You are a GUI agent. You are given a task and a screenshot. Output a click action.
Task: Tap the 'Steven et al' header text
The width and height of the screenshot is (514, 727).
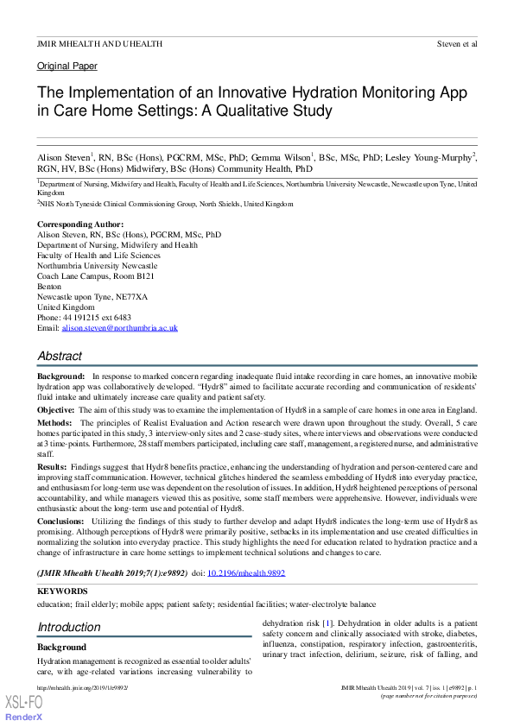coord(457,42)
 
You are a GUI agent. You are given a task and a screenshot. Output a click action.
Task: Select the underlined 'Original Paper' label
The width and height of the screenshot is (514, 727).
coord(67,66)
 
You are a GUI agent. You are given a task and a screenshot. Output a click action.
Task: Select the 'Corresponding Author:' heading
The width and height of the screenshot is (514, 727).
coord(74,224)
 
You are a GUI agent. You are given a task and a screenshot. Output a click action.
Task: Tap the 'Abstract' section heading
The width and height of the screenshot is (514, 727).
coord(60,356)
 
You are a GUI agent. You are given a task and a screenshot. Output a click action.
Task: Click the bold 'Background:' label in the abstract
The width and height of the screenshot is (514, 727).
coord(60,377)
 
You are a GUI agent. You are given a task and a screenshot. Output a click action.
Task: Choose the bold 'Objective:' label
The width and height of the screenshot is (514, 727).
coord(56,409)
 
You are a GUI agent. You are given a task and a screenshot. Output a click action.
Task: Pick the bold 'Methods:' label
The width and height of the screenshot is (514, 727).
coord(54,423)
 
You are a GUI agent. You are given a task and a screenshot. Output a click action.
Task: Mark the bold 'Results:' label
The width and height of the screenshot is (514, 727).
coord(53,465)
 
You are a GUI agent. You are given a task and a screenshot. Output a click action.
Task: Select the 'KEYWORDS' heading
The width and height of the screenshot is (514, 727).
coord(62,591)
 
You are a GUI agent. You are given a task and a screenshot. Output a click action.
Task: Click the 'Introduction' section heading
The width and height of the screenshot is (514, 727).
coord(69,627)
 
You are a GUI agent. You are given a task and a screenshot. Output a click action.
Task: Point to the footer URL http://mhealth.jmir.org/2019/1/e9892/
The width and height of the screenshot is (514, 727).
coord(82,687)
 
